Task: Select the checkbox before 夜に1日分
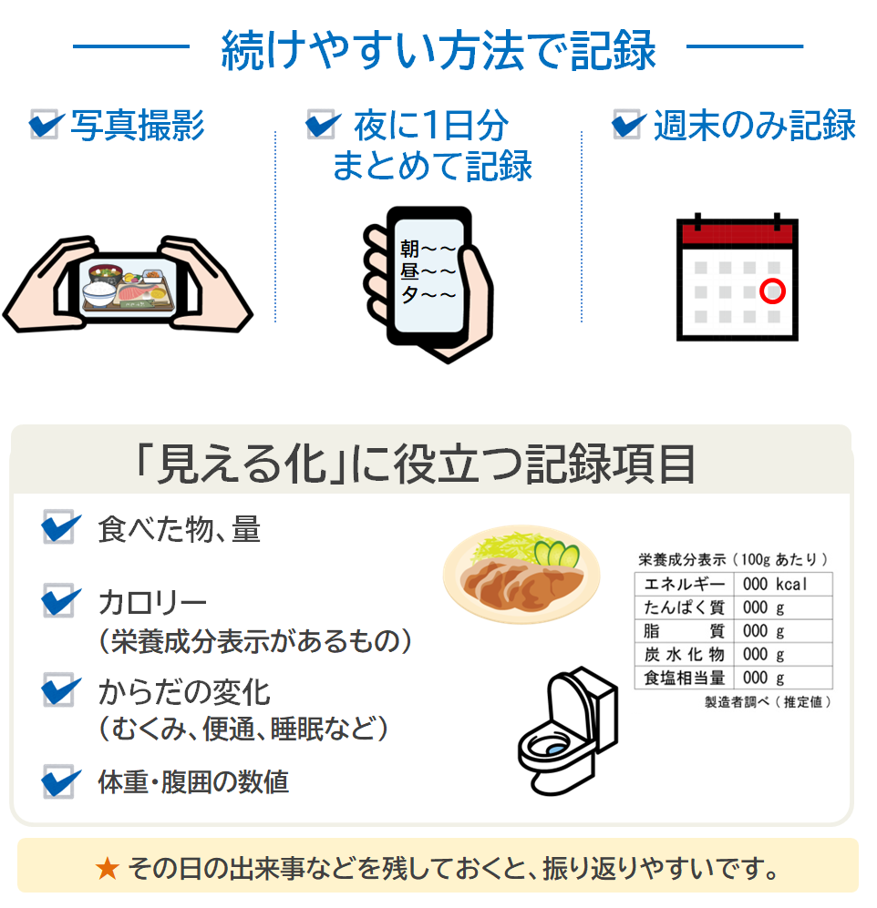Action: [321, 124]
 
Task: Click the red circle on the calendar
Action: [772, 291]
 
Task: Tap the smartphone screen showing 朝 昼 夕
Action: [429, 274]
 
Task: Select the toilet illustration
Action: [568, 730]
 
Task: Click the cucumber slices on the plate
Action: [556, 554]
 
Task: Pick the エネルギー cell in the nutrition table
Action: [684, 585]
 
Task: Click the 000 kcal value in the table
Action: [774, 585]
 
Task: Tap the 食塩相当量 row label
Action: [684, 678]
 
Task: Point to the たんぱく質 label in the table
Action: [684, 607]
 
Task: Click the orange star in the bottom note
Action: [108, 869]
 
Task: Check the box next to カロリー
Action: [58, 600]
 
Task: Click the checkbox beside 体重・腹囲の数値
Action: [58, 781]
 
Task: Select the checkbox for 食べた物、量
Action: [58, 526]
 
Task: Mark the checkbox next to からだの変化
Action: [58, 689]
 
